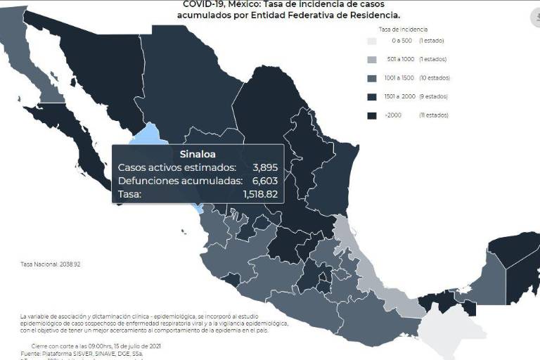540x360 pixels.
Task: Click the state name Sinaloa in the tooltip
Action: tap(198, 153)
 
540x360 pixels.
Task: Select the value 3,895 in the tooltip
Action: tap(266, 167)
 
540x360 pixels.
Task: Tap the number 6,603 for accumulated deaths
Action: tap(266, 181)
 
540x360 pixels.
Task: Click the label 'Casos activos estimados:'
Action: tap(176, 167)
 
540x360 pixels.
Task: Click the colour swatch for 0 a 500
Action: tap(373, 41)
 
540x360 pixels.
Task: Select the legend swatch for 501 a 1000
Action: tap(373, 60)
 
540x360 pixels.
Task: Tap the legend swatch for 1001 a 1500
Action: tap(373, 78)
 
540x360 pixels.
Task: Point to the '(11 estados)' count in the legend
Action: tap(434, 115)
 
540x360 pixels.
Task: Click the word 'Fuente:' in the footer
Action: tap(32, 354)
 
